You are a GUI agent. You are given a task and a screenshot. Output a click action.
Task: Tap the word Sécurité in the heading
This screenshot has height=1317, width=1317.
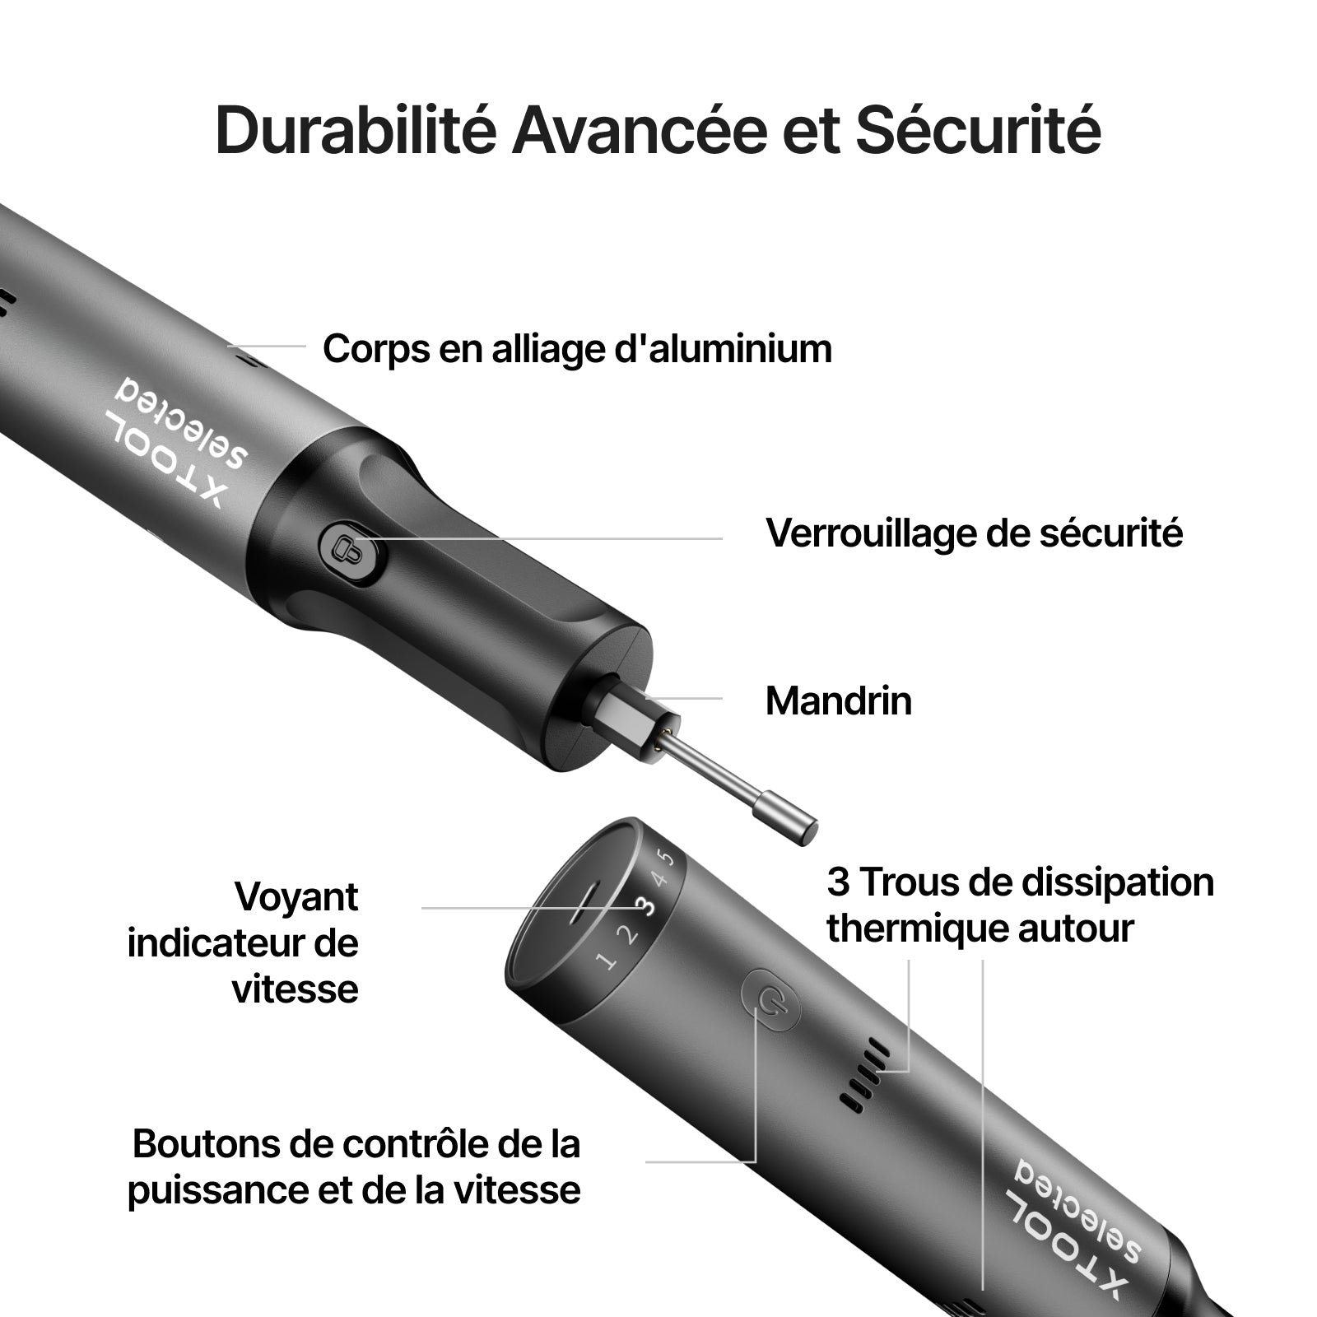point(978,129)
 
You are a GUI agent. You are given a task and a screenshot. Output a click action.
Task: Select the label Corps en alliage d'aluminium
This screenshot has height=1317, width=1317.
point(577,348)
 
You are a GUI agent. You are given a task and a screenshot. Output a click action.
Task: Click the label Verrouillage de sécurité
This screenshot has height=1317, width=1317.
point(974,533)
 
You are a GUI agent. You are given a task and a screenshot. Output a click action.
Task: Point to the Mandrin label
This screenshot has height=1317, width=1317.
point(839,700)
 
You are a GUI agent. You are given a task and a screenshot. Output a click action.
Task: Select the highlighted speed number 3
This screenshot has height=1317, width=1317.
point(646,905)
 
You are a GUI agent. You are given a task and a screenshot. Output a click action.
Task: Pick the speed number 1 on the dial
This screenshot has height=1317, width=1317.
point(607,960)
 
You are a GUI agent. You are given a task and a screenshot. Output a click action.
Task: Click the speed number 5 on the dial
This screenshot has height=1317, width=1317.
point(668,858)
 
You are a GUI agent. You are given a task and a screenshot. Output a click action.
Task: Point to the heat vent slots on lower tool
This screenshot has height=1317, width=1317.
point(864,1075)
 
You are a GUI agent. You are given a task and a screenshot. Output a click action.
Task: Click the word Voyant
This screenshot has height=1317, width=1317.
point(296,896)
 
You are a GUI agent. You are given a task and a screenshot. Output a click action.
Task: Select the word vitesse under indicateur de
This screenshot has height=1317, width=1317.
point(296,989)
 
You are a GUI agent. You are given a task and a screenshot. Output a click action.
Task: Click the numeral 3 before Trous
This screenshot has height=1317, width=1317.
point(838,882)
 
